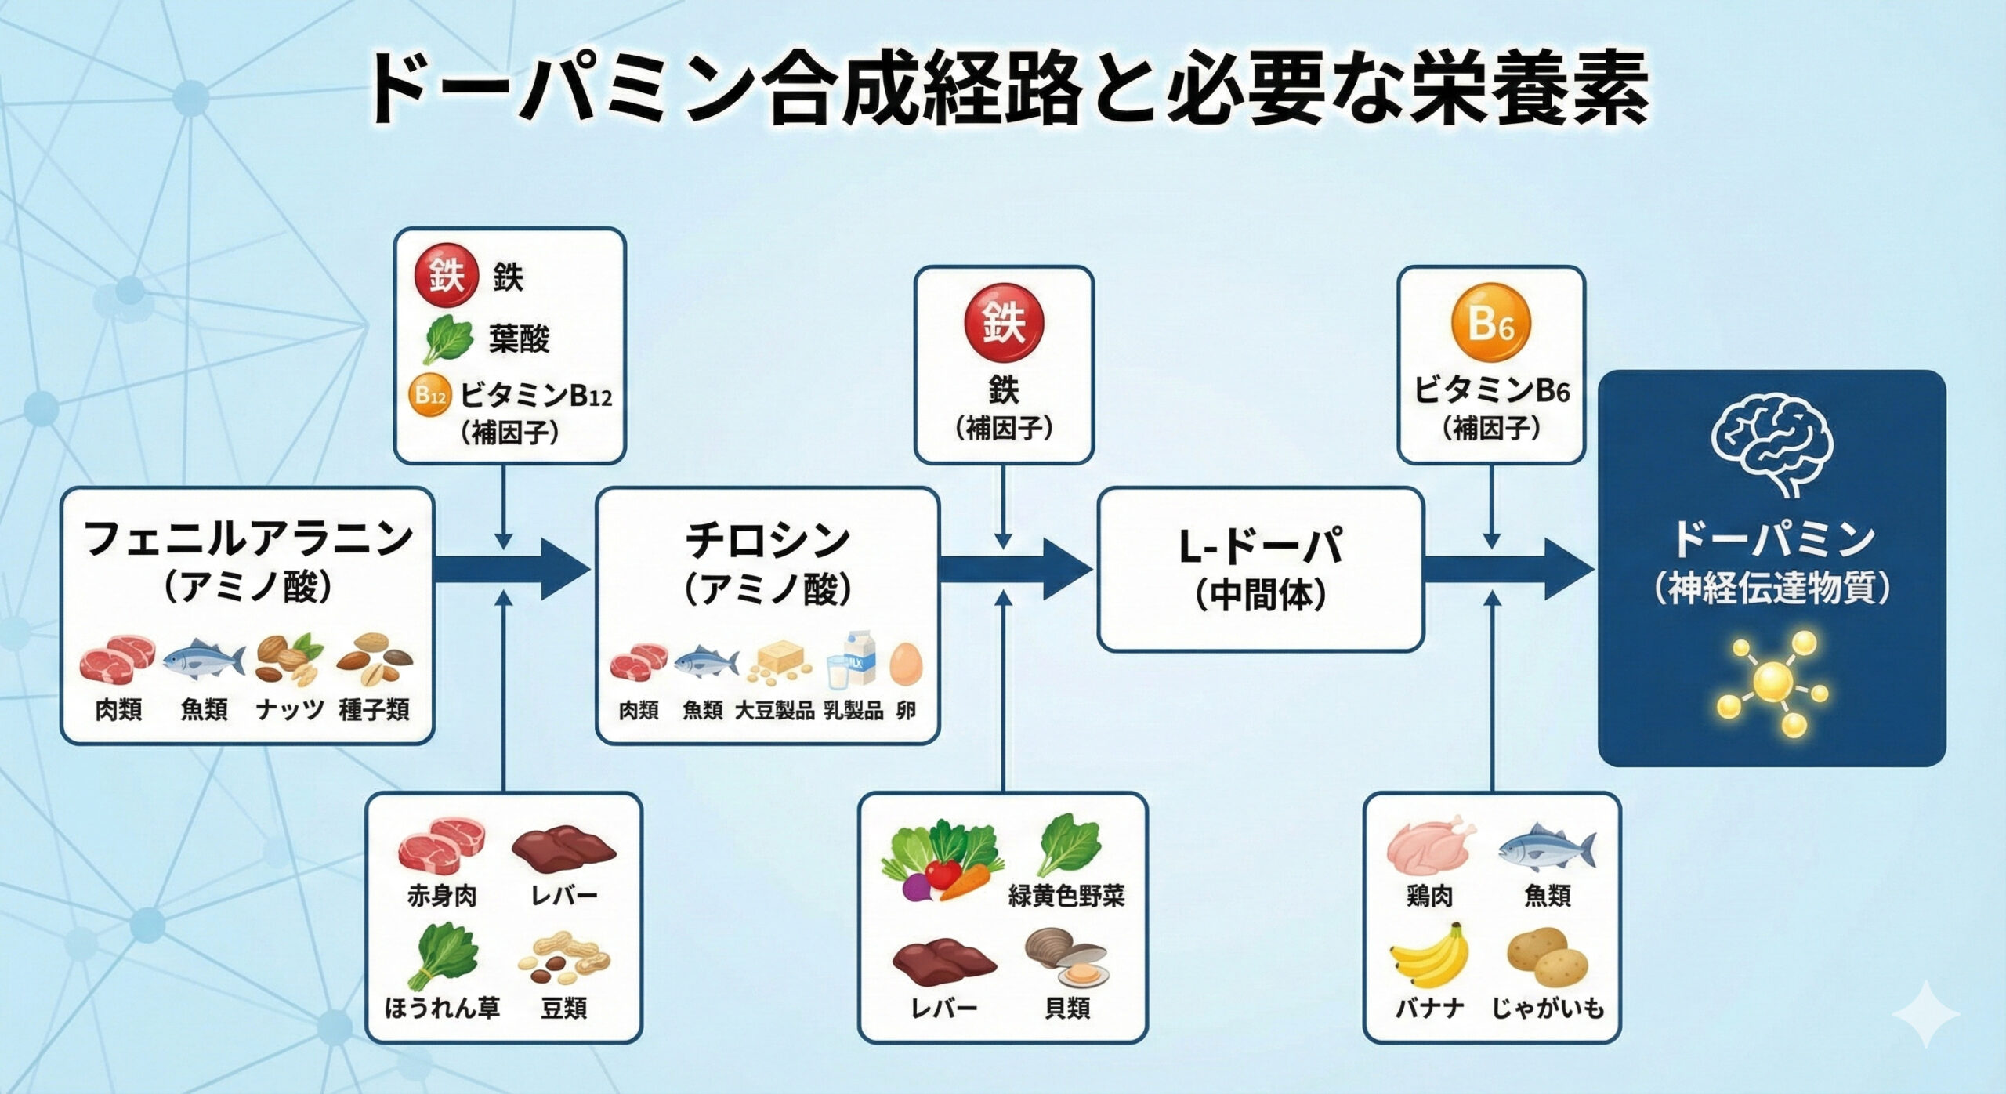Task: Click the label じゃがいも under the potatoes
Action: click(1548, 1008)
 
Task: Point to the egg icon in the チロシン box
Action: click(907, 663)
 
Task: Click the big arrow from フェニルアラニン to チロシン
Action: click(512, 570)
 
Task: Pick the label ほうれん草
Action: click(442, 1008)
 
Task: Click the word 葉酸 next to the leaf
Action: click(519, 339)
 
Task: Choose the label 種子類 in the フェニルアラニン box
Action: click(374, 711)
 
